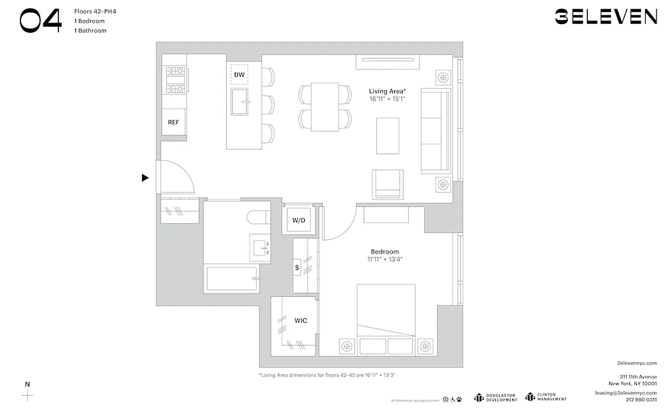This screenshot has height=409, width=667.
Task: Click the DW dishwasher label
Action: click(239, 75)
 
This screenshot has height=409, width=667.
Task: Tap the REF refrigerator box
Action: click(174, 123)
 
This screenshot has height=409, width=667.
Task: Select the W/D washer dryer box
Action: click(299, 221)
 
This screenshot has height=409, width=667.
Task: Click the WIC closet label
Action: click(301, 321)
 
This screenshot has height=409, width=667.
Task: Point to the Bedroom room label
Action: click(385, 252)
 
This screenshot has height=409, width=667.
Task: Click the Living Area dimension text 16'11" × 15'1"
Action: click(387, 99)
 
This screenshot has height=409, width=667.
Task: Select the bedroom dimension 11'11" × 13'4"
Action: click(385, 259)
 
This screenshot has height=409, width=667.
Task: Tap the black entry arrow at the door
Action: click(145, 178)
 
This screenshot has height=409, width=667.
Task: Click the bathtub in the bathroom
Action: click(232, 279)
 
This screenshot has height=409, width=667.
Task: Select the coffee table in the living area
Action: click(387, 135)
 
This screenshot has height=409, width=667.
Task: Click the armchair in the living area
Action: click(387, 184)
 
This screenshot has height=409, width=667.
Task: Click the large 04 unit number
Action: click(41, 21)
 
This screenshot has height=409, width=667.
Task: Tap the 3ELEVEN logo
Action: click(606, 17)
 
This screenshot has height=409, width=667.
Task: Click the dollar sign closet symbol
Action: click(297, 267)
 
